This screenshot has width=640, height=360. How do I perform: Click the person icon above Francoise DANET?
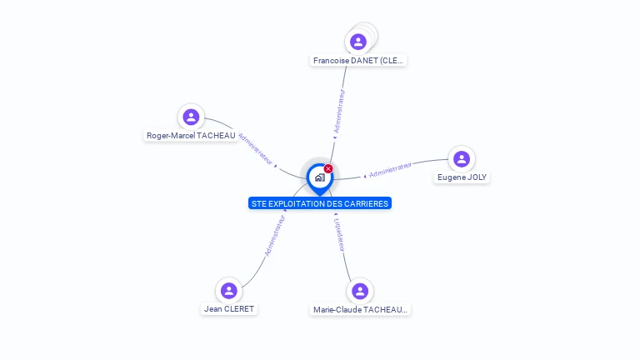click(358, 42)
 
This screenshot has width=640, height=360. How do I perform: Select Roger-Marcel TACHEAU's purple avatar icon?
click(191, 117)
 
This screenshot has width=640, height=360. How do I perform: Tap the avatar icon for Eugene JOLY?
click(462, 158)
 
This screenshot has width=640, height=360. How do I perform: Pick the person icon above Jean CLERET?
click(228, 290)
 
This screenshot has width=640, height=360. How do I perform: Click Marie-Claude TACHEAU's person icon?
click(360, 291)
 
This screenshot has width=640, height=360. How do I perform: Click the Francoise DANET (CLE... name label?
click(358, 61)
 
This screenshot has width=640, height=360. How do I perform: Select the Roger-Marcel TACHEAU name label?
click(191, 136)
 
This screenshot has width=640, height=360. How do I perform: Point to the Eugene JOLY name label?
click(462, 177)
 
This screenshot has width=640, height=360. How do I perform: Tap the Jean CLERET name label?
click(229, 309)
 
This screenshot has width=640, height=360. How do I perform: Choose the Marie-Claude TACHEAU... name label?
click(360, 310)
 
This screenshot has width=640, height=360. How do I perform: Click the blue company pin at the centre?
click(319, 177)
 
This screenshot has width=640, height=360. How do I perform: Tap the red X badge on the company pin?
click(328, 169)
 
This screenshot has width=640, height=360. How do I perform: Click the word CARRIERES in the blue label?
click(366, 204)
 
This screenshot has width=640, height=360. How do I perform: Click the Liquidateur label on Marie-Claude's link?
click(340, 234)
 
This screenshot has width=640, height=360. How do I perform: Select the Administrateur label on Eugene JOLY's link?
click(391, 170)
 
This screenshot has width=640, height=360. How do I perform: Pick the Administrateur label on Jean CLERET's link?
click(275, 235)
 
